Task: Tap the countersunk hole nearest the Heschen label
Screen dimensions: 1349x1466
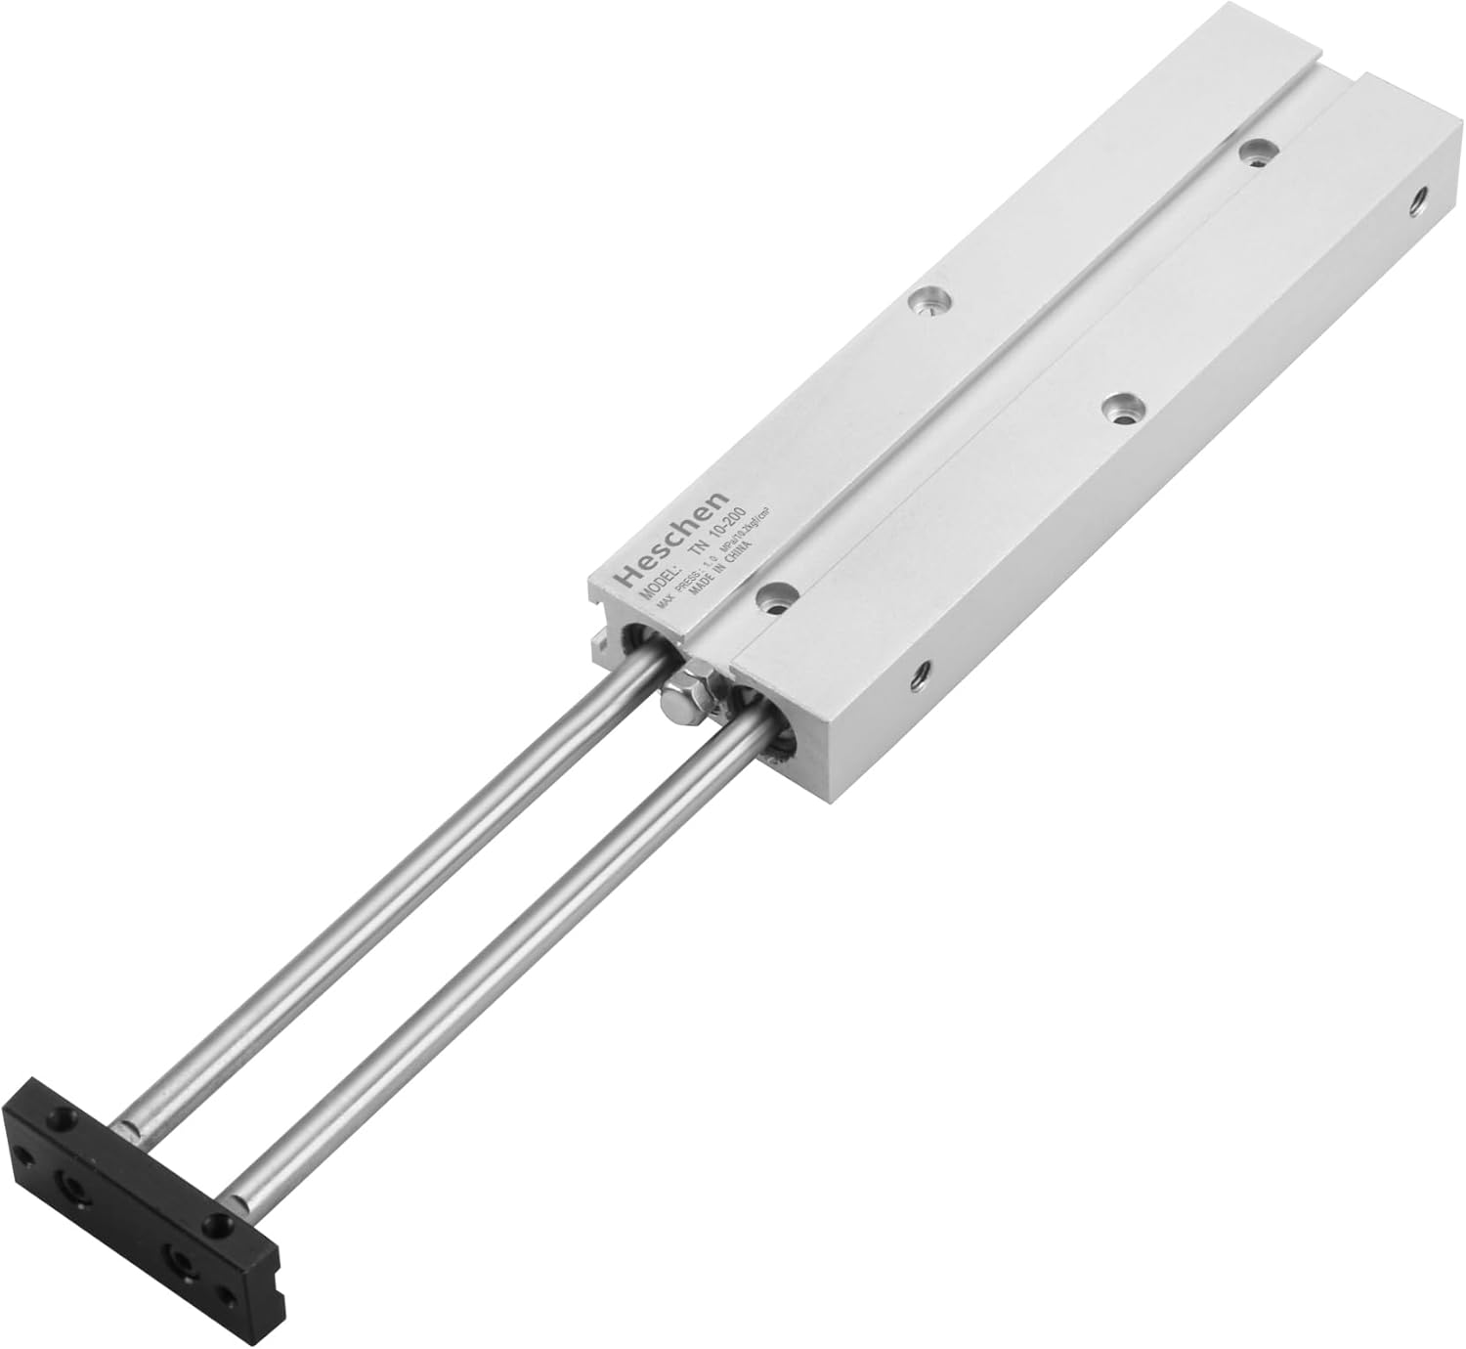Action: [777, 597]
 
